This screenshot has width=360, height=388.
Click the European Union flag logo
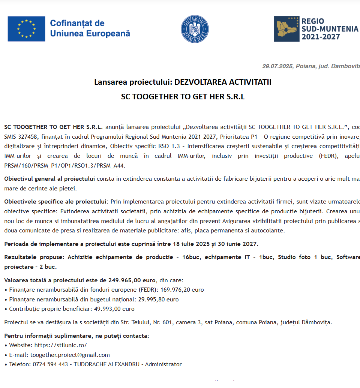pyautogui.click(x=26, y=29)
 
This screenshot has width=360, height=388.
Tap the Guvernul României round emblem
pyautogui.click(x=195, y=29)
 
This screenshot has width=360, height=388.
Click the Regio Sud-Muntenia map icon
pyautogui.click(x=286, y=29)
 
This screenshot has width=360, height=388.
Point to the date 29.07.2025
pyautogui.click(x=277, y=66)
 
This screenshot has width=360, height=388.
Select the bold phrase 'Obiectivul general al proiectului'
pyautogui.click(x=49, y=179)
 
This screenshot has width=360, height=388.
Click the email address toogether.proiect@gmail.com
pyautogui.click(x=70, y=355)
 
